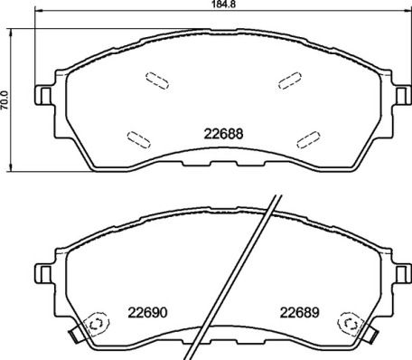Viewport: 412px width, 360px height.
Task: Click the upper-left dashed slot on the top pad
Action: (x=156, y=80)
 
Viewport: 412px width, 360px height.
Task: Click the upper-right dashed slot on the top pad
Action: (x=290, y=80)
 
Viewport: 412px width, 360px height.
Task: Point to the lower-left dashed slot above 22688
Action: (x=139, y=137)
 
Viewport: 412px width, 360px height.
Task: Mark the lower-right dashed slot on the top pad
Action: (x=307, y=137)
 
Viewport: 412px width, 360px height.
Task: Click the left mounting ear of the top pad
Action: (x=42, y=94)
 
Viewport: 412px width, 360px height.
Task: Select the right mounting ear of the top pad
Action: (x=399, y=94)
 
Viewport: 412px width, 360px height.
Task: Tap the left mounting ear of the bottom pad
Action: (x=42, y=270)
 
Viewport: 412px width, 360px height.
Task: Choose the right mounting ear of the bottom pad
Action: (x=399, y=270)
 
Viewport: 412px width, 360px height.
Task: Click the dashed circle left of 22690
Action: (x=94, y=324)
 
